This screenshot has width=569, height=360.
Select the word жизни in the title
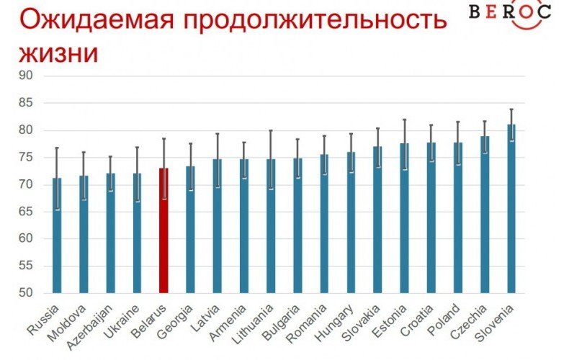57,53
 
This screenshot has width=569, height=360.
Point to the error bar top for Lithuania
270,131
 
